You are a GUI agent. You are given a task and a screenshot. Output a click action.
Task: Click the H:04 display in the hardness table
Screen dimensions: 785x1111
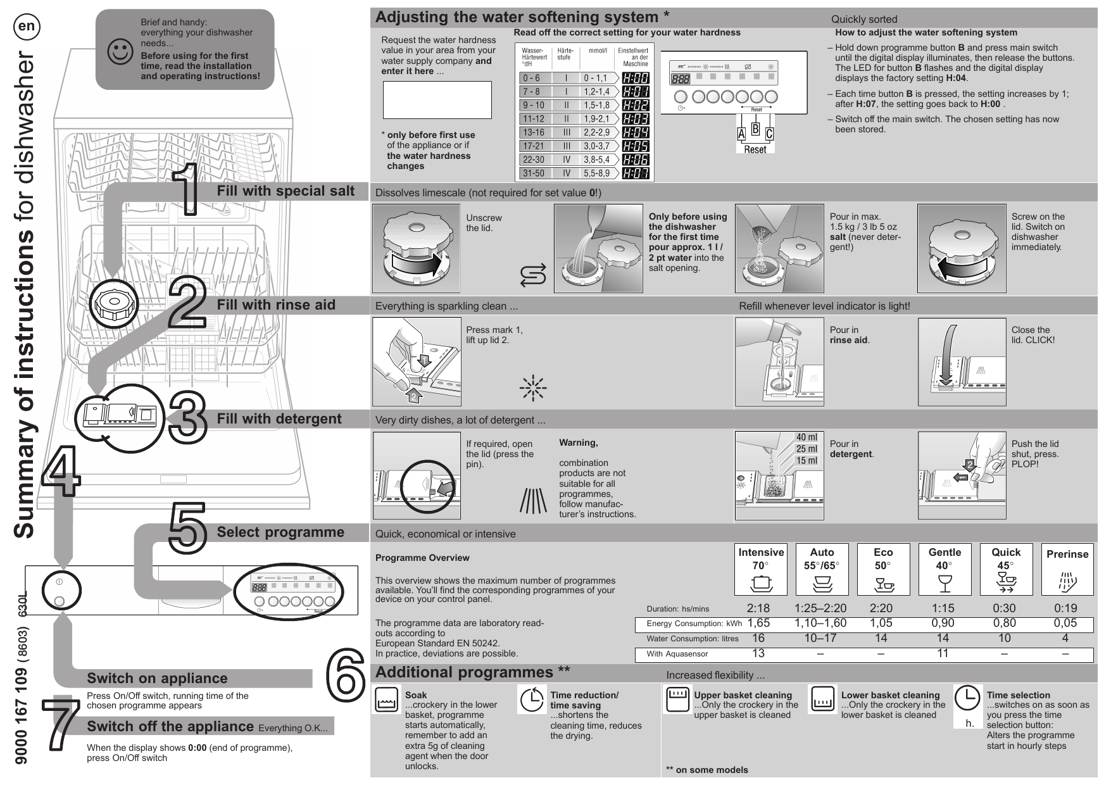coord(636,132)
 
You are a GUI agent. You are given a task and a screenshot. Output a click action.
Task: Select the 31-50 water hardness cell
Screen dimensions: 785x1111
coord(533,173)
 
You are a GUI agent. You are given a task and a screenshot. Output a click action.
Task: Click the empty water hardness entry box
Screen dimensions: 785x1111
coord(437,99)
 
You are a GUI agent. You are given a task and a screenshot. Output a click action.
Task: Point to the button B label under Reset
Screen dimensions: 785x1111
coord(755,129)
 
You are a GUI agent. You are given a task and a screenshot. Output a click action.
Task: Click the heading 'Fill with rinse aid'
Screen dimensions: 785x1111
coord(276,305)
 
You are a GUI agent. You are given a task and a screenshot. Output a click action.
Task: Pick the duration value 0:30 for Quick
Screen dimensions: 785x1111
coord(1004,608)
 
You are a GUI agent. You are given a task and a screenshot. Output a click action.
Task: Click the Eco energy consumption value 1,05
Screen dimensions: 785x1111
coord(881,624)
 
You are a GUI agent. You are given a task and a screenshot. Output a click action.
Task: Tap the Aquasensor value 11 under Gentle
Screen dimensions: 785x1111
coord(943,654)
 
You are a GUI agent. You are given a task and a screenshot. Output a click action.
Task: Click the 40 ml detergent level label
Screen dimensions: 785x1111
coord(807,437)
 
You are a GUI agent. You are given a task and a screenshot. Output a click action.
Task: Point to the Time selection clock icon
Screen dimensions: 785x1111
coord(967,698)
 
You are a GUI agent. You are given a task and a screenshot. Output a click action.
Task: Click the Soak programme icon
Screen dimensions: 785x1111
coord(386,700)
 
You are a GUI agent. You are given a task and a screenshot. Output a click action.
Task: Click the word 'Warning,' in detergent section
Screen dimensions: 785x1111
coord(578,443)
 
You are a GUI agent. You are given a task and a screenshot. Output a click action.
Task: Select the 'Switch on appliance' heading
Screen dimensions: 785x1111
coord(157,678)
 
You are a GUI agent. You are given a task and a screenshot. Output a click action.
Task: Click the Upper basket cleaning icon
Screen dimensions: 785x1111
coord(677,699)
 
